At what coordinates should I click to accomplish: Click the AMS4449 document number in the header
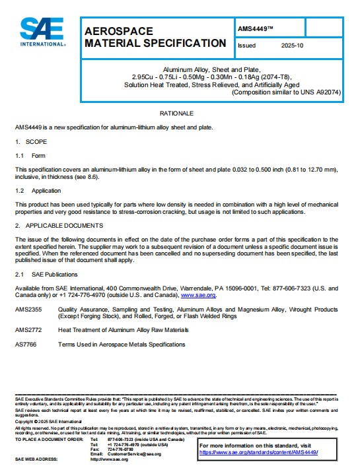pos(254,28)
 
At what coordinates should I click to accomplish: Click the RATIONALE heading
pos(177,114)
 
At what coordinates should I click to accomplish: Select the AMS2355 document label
pos(28,309)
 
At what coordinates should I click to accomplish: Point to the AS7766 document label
pos(26,344)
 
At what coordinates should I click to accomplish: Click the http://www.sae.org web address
pos(109,459)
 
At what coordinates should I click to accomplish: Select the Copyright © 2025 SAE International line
pos(44,421)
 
